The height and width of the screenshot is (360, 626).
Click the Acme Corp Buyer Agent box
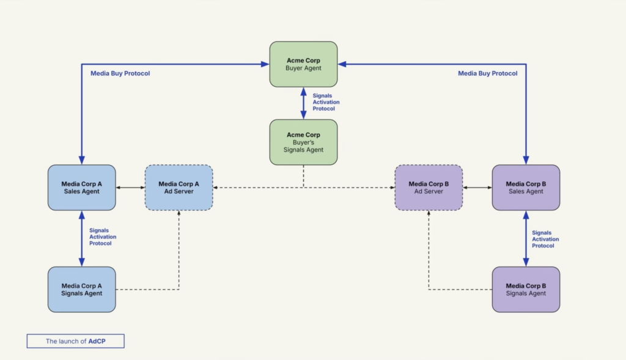click(303, 64)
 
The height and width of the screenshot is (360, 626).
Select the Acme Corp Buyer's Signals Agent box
click(303, 142)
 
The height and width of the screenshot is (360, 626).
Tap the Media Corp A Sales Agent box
click(81, 187)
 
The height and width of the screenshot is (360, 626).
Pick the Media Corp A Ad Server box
click(179, 187)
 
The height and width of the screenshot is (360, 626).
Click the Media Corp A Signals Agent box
click(81, 289)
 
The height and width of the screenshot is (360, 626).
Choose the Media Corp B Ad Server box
click(429, 187)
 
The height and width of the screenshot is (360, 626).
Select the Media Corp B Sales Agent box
click(526, 187)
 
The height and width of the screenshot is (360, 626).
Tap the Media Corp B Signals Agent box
click(526, 289)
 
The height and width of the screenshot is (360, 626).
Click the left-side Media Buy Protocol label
click(120, 73)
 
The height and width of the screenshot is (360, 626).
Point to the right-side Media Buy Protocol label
click(487, 73)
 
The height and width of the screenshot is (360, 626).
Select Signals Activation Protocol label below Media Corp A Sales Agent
click(103, 237)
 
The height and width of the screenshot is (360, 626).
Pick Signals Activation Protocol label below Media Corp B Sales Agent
click(545, 239)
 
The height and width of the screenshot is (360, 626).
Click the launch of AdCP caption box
click(75, 341)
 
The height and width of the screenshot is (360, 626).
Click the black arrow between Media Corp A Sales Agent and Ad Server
click(130, 188)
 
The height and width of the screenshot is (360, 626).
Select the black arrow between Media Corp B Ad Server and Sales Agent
click(477, 188)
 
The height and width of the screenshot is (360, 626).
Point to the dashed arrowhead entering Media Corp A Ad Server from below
click(179, 213)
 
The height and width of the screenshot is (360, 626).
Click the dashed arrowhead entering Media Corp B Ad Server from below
click(429, 213)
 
